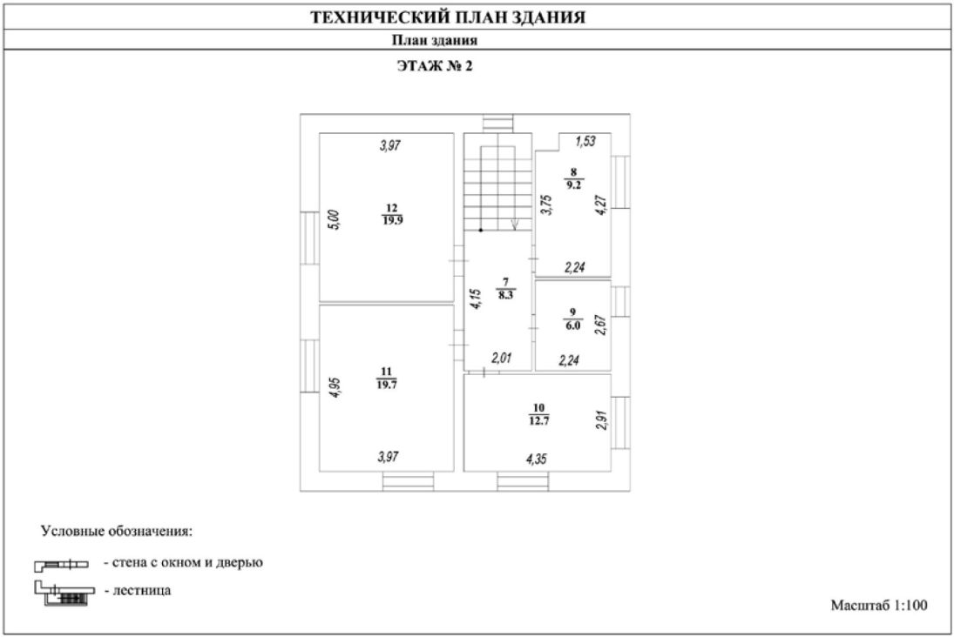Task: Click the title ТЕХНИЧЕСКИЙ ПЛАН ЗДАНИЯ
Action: tap(448, 17)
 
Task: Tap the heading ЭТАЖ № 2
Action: tap(434, 66)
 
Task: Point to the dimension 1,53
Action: tap(585, 142)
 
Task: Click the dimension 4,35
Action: tap(538, 457)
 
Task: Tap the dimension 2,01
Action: tap(503, 358)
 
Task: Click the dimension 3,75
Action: tap(546, 205)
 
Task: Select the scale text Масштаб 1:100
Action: tap(879, 605)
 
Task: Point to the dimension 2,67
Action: tap(599, 325)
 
